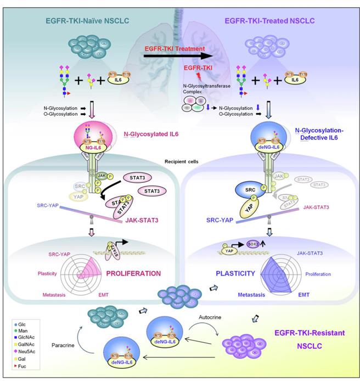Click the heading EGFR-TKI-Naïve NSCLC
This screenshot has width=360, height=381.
click(x=77, y=21)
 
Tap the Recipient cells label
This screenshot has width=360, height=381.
click(x=178, y=163)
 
